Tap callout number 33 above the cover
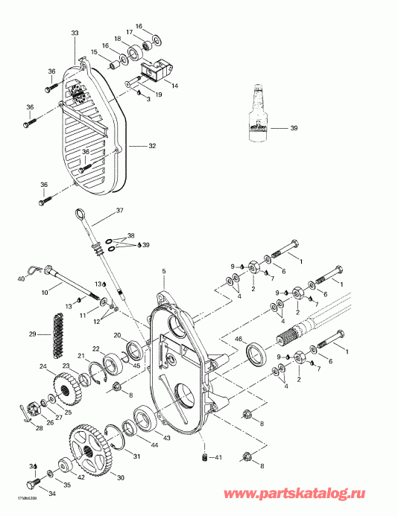(x=74, y=34)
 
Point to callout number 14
(x=176, y=86)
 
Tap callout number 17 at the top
(x=129, y=32)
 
